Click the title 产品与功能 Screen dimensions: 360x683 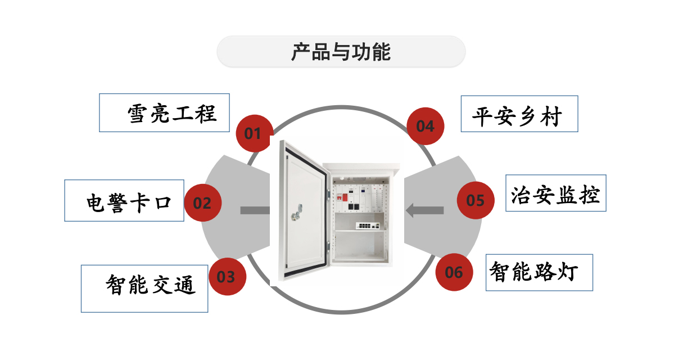[x=341, y=52]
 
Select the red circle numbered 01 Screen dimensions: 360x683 [x=253, y=133]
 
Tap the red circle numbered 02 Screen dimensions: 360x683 [x=202, y=203]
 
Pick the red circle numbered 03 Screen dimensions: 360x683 [x=226, y=277]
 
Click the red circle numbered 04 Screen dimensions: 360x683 [x=425, y=127]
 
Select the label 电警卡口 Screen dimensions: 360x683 [x=129, y=202]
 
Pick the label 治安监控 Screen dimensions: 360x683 [x=555, y=195]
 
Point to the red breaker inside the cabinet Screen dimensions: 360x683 [x=340, y=197]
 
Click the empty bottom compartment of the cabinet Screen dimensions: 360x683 [x=360, y=247]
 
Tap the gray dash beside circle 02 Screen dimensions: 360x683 [x=255, y=210]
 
